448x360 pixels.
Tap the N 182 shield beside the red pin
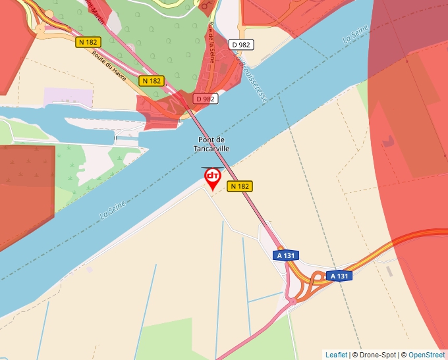pyautogui.click(x=240, y=186)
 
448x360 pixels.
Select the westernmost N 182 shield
pyautogui.click(x=88, y=42)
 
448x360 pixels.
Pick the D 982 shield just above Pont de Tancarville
pyautogui.click(x=206, y=99)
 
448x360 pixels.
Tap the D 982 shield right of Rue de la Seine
pyautogui.click(x=242, y=44)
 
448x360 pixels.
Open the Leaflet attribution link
pyautogui.click(x=336, y=355)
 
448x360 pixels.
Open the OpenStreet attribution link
pyautogui.click(x=427, y=355)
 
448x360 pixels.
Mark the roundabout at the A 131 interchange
pyautogui.click(x=291, y=301)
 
